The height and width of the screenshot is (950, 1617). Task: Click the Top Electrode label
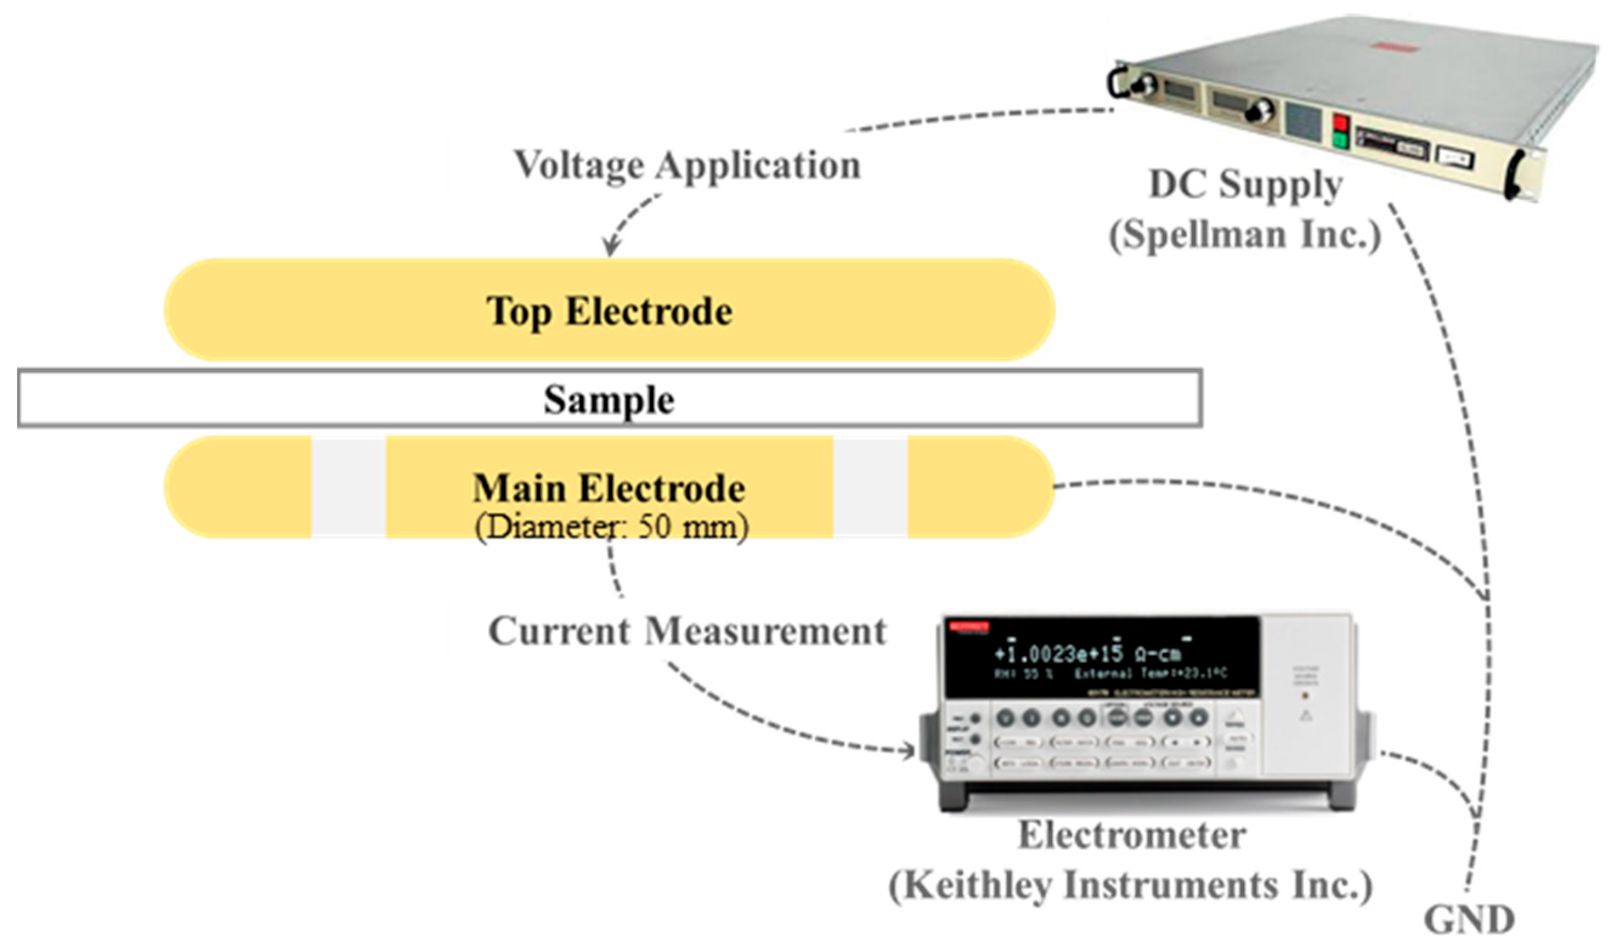pyautogui.click(x=609, y=312)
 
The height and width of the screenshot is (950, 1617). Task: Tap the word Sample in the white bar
pyautogui.click(x=609, y=399)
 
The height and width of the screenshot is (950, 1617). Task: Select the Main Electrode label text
pyautogui.click(x=609, y=488)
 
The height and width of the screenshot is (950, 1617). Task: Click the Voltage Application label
pyautogui.click(x=687, y=166)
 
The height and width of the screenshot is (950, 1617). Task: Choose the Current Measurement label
pyautogui.click(x=687, y=631)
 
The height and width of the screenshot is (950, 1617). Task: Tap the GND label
pyautogui.click(x=1469, y=920)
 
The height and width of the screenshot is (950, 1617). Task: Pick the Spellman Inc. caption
pyautogui.click(x=1245, y=234)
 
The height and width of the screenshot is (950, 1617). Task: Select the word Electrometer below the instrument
pyautogui.click(x=1132, y=836)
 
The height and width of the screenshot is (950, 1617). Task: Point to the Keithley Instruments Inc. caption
pyautogui.click(x=1131, y=886)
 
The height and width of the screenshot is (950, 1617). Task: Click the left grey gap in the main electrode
pyautogui.click(x=349, y=487)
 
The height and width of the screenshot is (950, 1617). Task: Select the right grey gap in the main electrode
pyautogui.click(x=870, y=487)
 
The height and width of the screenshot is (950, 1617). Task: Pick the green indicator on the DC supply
pyautogui.click(x=1340, y=139)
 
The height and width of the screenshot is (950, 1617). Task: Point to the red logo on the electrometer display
pyautogui.click(x=970, y=626)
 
